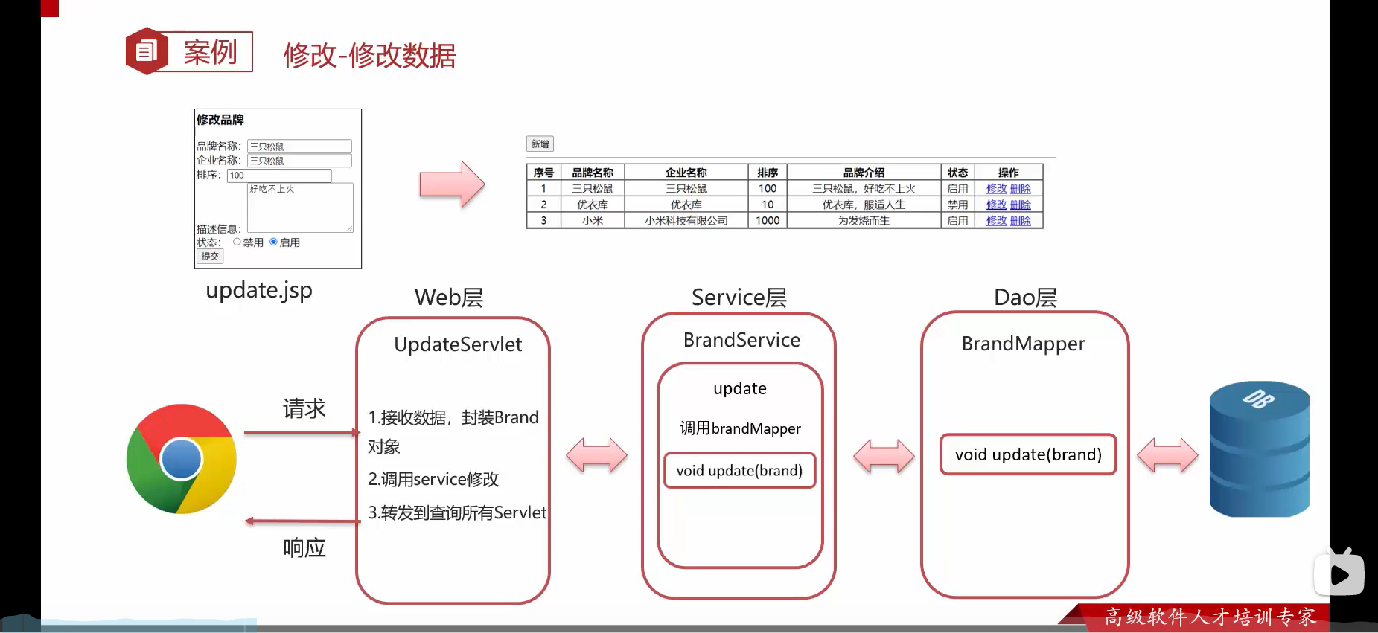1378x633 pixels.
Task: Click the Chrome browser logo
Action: coord(181,459)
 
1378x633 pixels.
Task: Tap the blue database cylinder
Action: coord(1259,449)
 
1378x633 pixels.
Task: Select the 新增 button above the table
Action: coord(540,144)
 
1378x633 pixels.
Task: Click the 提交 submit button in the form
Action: coord(210,257)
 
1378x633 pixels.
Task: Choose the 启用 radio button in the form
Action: coord(274,242)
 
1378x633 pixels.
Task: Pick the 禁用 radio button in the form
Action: coord(237,242)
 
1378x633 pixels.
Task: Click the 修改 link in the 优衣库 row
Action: coord(996,205)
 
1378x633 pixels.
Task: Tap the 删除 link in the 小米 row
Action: coord(1021,221)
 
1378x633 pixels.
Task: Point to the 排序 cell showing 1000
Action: coord(768,221)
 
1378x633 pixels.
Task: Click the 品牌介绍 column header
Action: coord(864,173)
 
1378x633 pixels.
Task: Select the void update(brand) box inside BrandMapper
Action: coord(1028,454)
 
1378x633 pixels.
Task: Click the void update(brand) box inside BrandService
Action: coord(739,471)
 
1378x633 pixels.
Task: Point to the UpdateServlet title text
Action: coord(458,344)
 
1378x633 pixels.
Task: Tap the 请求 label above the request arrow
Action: coord(304,408)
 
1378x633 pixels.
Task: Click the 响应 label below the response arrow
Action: coord(304,548)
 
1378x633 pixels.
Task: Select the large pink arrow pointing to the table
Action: coord(452,184)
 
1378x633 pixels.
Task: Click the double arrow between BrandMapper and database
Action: coord(1167,455)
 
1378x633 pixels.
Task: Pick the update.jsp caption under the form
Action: coord(259,290)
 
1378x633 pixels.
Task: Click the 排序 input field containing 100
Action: coord(279,176)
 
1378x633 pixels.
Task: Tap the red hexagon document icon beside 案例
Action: coord(147,51)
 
